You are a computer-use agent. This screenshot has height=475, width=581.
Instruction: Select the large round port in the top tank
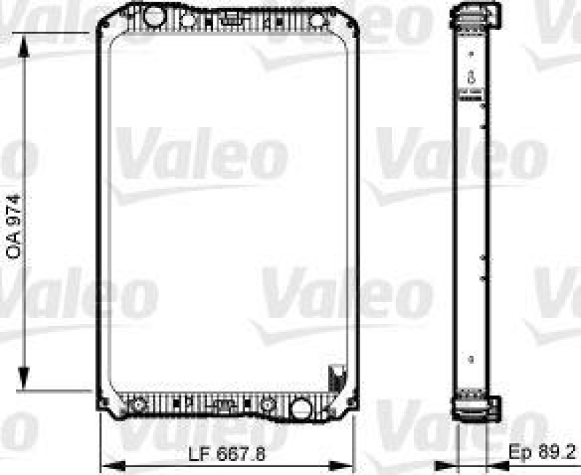click(154, 15)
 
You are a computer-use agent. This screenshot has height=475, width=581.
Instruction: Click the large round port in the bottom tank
click(300, 407)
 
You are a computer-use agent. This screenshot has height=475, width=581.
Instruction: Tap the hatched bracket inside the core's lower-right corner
click(336, 378)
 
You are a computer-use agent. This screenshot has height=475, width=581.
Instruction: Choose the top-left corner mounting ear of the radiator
click(104, 26)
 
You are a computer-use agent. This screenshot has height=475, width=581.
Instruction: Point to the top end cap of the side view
click(476, 15)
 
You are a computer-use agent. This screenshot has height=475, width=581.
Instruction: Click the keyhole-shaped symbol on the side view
click(471, 76)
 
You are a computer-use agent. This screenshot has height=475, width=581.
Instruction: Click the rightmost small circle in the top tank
click(317, 20)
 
